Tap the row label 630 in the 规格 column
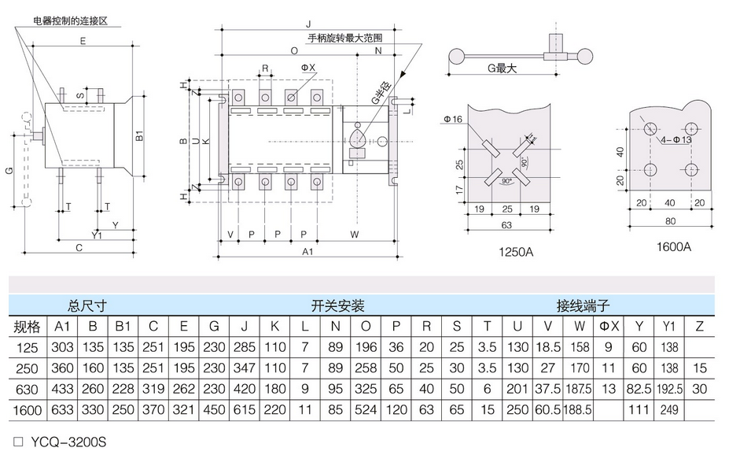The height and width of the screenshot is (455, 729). (27, 389)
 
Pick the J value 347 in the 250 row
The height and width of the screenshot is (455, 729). (245, 368)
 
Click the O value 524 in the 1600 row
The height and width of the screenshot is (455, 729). (366, 410)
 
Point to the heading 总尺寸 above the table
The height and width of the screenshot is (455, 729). (87, 305)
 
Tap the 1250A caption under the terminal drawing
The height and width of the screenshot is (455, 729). (516, 252)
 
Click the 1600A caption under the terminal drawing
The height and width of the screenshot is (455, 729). (674, 246)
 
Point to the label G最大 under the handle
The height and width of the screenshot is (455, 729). (501, 68)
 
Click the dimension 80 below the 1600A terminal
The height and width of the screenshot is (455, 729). (671, 220)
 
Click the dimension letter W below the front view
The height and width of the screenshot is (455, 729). (355, 235)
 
